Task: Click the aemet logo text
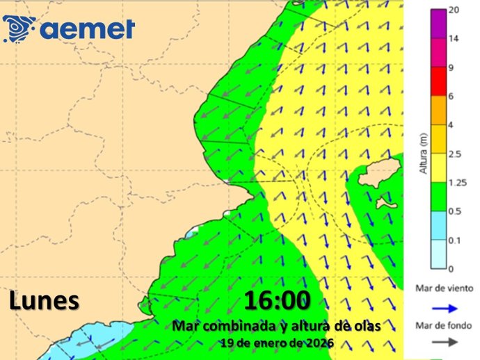coord(88,29)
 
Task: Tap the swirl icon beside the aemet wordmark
coord(19,28)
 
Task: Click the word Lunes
coord(44,301)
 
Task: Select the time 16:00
coord(277,302)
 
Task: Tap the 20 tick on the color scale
coord(454,10)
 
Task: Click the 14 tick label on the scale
coord(454,39)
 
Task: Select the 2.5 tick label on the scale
coord(456,154)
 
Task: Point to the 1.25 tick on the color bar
coord(456,182)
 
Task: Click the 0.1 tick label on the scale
coord(455,240)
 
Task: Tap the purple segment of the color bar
coord(436,24)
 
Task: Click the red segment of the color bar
coord(436,81)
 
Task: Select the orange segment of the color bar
coord(436,110)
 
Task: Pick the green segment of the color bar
coord(436,196)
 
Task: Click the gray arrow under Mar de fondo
coord(435,341)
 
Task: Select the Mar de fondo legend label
coord(435,325)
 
